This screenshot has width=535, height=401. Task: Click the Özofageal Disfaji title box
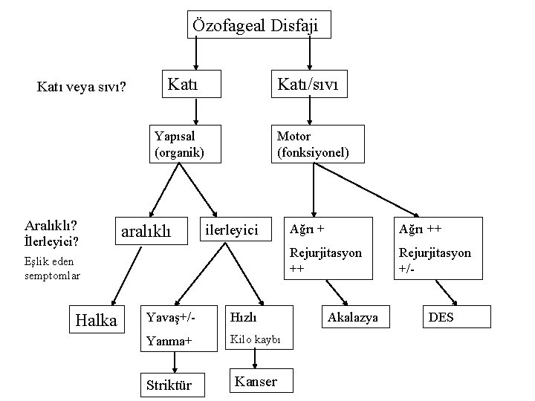coord(255,25)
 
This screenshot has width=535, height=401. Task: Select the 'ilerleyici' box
coord(232,230)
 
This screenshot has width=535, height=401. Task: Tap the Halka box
coord(97,320)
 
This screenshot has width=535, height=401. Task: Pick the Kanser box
coord(256,382)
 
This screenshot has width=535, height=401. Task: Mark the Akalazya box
coord(353,317)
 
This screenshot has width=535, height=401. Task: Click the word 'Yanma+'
coord(169,342)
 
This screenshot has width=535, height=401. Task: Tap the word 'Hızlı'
coord(244,317)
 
